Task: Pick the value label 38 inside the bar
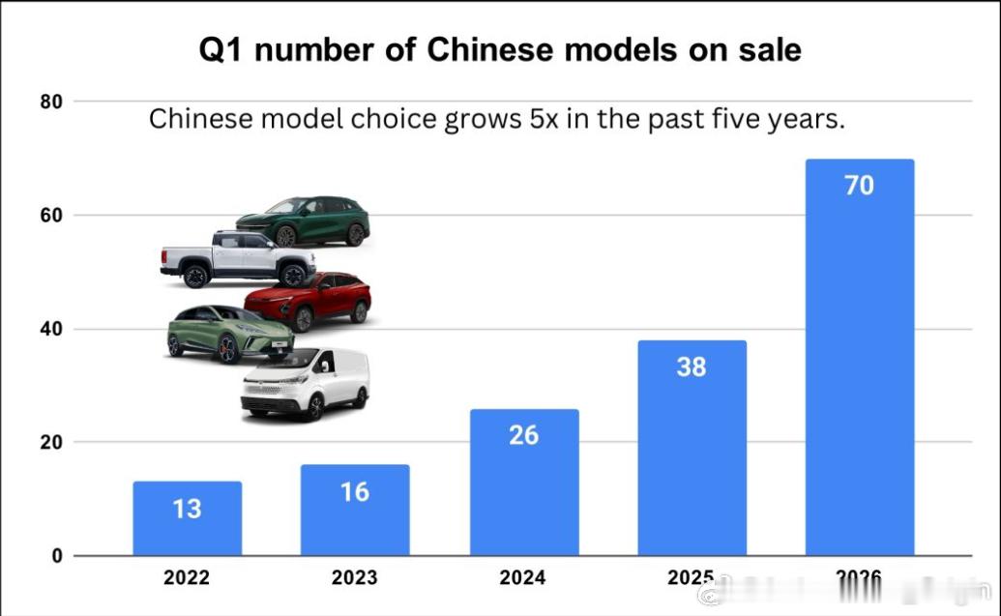[x=692, y=367]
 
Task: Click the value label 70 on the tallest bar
[x=859, y=186]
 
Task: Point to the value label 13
[x=187, y=509]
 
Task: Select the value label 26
[x=523, y=435]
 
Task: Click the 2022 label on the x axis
[x=187, y=578]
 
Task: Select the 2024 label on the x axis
[x=523, y=578]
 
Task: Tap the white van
[x=305, y=385]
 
